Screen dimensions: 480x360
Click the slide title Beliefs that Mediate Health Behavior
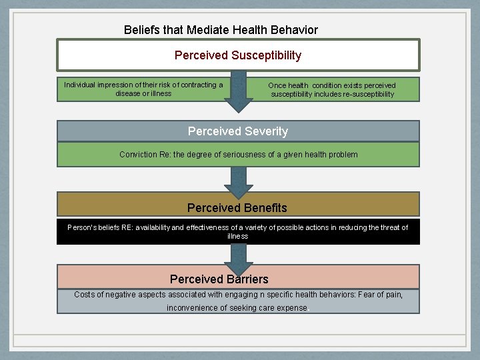click(221, 30)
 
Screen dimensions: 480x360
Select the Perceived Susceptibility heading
click(238, 55)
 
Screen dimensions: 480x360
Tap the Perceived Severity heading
click(238, 131)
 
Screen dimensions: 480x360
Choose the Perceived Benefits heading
click(237, 207)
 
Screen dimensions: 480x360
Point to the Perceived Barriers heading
click(219, 279)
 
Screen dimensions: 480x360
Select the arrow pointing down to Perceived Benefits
click(239, 179)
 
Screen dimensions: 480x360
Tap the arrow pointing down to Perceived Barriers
click(239, 254)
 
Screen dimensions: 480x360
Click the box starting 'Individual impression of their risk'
click(143, 89)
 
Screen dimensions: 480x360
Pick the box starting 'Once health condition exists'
click(332, 89)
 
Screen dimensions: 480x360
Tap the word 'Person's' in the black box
click(84, 227)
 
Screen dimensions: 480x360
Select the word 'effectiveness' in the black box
click(207, 227)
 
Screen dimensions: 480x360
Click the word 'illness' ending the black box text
click(237, 236)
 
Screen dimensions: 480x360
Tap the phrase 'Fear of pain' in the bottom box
click(381, 294)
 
